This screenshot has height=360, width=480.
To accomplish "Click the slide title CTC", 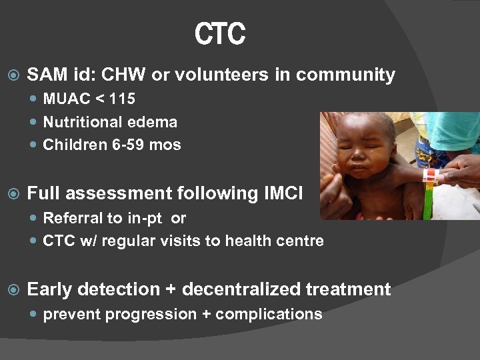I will point(220,34).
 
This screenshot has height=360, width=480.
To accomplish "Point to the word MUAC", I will point(67,99).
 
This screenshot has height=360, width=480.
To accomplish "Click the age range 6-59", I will point(127,145).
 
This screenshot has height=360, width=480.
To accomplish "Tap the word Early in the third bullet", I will point(49,289).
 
